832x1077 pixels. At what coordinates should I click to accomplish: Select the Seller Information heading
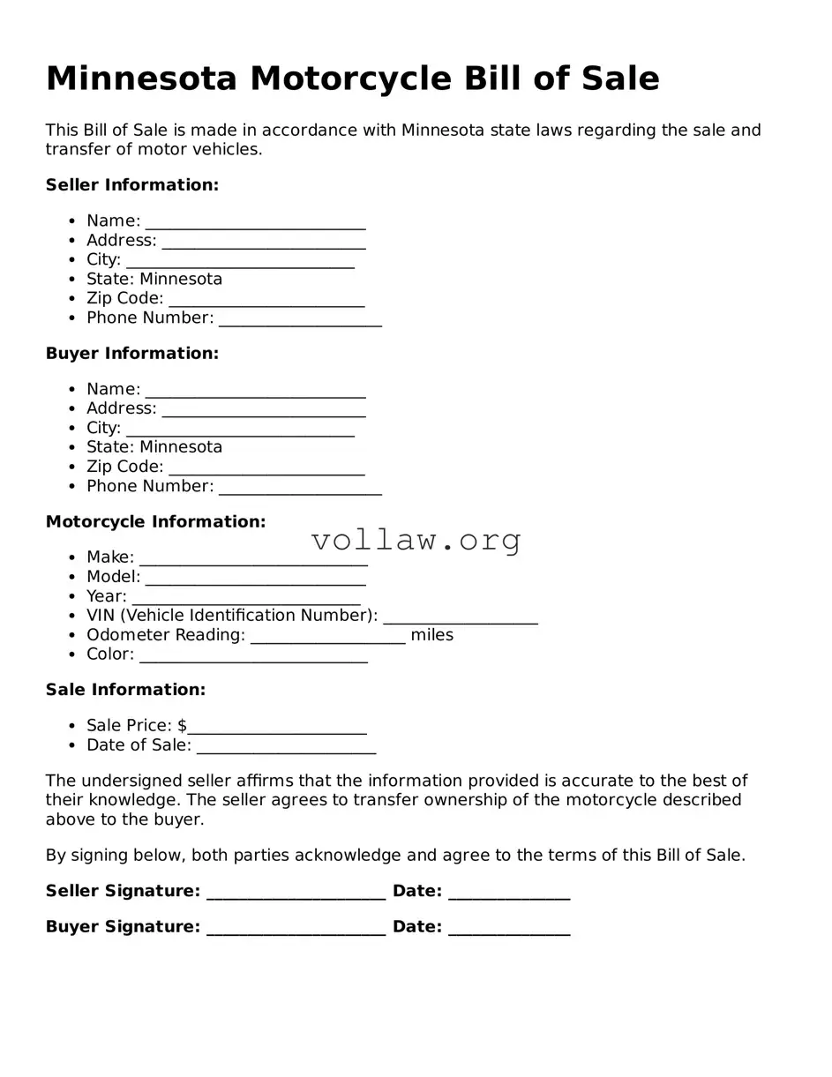tap(131, 185)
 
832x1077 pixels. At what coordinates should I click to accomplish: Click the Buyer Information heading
tap(131, 354)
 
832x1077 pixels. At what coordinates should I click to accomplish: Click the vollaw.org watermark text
tap(416, 540)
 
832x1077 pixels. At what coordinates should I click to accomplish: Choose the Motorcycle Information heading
tap(155, 522)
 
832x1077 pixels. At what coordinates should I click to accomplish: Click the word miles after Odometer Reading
tap(431, 635)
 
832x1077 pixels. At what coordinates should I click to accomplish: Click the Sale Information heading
tap(125, 690)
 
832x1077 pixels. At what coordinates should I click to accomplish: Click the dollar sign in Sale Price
tap(182, 726)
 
